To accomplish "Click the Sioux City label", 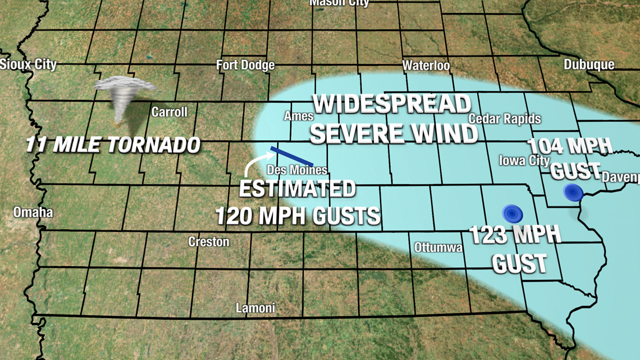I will click(28, 64).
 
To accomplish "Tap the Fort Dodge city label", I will click(245, 65).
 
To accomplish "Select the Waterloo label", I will click(426, 66).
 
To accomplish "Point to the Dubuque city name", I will click(589, 65).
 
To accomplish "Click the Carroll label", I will click(169, 112).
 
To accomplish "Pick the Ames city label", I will click(298, 116).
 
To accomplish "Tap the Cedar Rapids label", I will click(504, 119).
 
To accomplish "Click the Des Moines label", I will click(297, 170).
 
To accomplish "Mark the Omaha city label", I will click(34, 212).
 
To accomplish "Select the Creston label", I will click(208, 241).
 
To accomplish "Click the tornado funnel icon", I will click(124, 98).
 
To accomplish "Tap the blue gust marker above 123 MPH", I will click(512, 213).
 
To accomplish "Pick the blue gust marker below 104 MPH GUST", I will click(573, 193).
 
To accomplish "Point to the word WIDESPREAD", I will click(391, 104).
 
